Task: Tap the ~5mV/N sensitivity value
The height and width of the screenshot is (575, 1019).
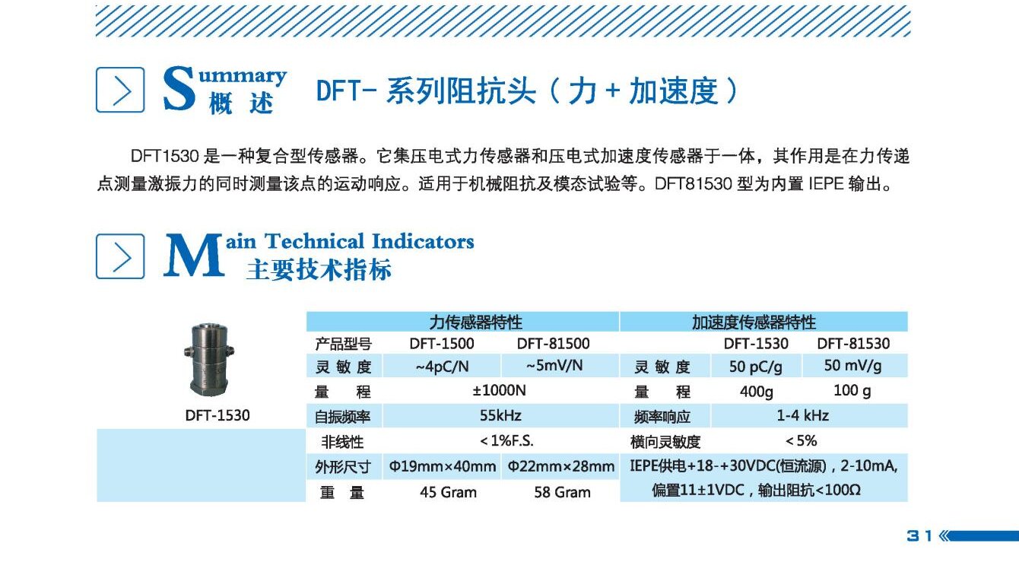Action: click(554, 366)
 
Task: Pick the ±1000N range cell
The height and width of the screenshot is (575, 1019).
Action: click(500, 391)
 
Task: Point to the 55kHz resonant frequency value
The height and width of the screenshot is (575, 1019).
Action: click(500, 416)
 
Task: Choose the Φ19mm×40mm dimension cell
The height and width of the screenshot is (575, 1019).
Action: click(442, 466)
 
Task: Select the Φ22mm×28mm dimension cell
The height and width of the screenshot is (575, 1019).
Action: click(561, 466)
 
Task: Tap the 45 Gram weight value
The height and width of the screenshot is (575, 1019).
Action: click(448, 492)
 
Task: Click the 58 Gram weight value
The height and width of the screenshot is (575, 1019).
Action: click(562, 492)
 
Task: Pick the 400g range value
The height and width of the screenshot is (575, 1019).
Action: click(756, 392)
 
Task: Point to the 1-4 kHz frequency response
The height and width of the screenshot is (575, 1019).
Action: click(802, 416)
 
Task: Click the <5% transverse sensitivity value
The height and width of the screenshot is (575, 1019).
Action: click(802, 441)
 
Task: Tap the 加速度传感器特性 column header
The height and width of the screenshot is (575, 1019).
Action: click(753, 322)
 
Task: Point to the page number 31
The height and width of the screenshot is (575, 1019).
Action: click(919, 536)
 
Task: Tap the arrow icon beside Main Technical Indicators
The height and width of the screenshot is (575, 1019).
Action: click(120, 256)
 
